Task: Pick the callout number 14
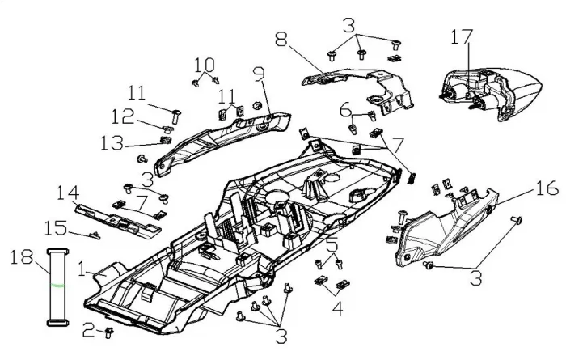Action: (68, 193)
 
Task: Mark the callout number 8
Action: (281, 38)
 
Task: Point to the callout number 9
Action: (259, 74)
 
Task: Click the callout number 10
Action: (205, 63)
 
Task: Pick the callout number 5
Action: (332, 245)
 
